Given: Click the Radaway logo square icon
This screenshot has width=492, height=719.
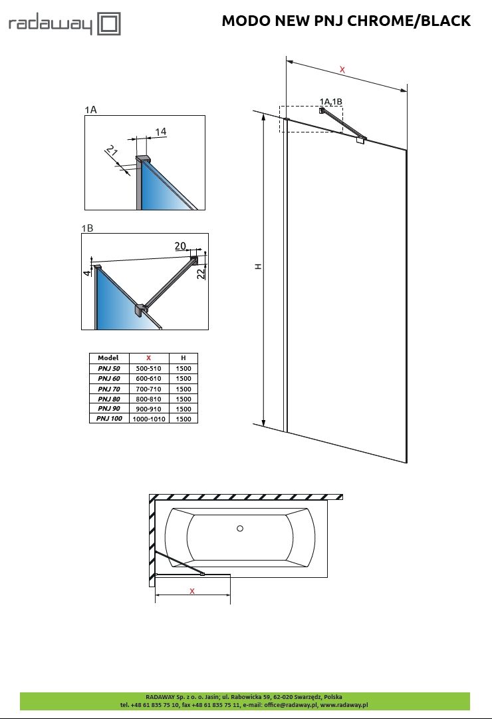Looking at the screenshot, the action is [109, 24].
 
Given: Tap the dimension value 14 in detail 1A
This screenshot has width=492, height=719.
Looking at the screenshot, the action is [160, 132].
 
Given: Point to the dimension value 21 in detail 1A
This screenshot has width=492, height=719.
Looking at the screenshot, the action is [111, 150].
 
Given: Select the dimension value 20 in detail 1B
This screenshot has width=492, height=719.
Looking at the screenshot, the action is [180, 246].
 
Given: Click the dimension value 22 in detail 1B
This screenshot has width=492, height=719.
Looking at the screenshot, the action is [201, 274].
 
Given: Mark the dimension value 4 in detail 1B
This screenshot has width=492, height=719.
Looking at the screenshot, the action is [87, 273].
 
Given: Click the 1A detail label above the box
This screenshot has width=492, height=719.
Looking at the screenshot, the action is [90, 110].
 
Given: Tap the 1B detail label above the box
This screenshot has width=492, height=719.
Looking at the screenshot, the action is [87, 228].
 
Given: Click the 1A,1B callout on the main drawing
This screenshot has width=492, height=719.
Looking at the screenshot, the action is [330, 101].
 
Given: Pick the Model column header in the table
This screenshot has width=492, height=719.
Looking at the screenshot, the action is [108, 358].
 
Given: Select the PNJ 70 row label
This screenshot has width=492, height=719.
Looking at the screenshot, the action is [109, 389].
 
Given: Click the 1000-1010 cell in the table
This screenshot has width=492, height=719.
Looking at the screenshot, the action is [149, 419].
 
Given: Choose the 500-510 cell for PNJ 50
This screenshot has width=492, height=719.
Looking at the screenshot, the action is [148, 368].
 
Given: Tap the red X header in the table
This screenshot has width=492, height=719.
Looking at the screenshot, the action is [148, 358].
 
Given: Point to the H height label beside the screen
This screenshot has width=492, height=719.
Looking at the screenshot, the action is [259, 266].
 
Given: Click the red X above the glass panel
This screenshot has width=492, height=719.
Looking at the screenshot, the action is [342, 70].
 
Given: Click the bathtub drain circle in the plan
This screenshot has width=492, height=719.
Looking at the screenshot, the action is [240, 528].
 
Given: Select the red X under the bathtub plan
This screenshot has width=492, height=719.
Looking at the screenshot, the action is [192, 591].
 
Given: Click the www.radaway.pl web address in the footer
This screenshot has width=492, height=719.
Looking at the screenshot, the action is [344, 705].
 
